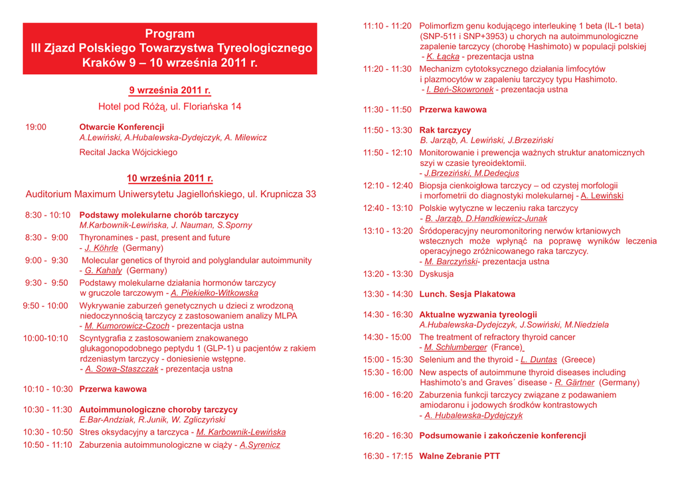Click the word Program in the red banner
170,34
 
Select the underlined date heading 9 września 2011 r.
170,90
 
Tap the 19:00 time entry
36,127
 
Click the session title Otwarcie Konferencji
122,127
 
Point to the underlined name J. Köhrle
101,248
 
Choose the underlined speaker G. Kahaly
103,271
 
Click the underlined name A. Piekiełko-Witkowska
214,293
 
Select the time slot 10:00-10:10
46,338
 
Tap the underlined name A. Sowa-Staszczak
122,369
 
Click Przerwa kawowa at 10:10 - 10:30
113,389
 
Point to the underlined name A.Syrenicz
260,445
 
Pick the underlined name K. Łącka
442,57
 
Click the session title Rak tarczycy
445,130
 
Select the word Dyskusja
436,273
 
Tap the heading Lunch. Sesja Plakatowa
467,294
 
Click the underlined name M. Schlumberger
456,347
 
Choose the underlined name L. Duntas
539,360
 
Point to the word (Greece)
579,360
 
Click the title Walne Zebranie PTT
460,456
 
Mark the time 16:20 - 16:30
388,436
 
